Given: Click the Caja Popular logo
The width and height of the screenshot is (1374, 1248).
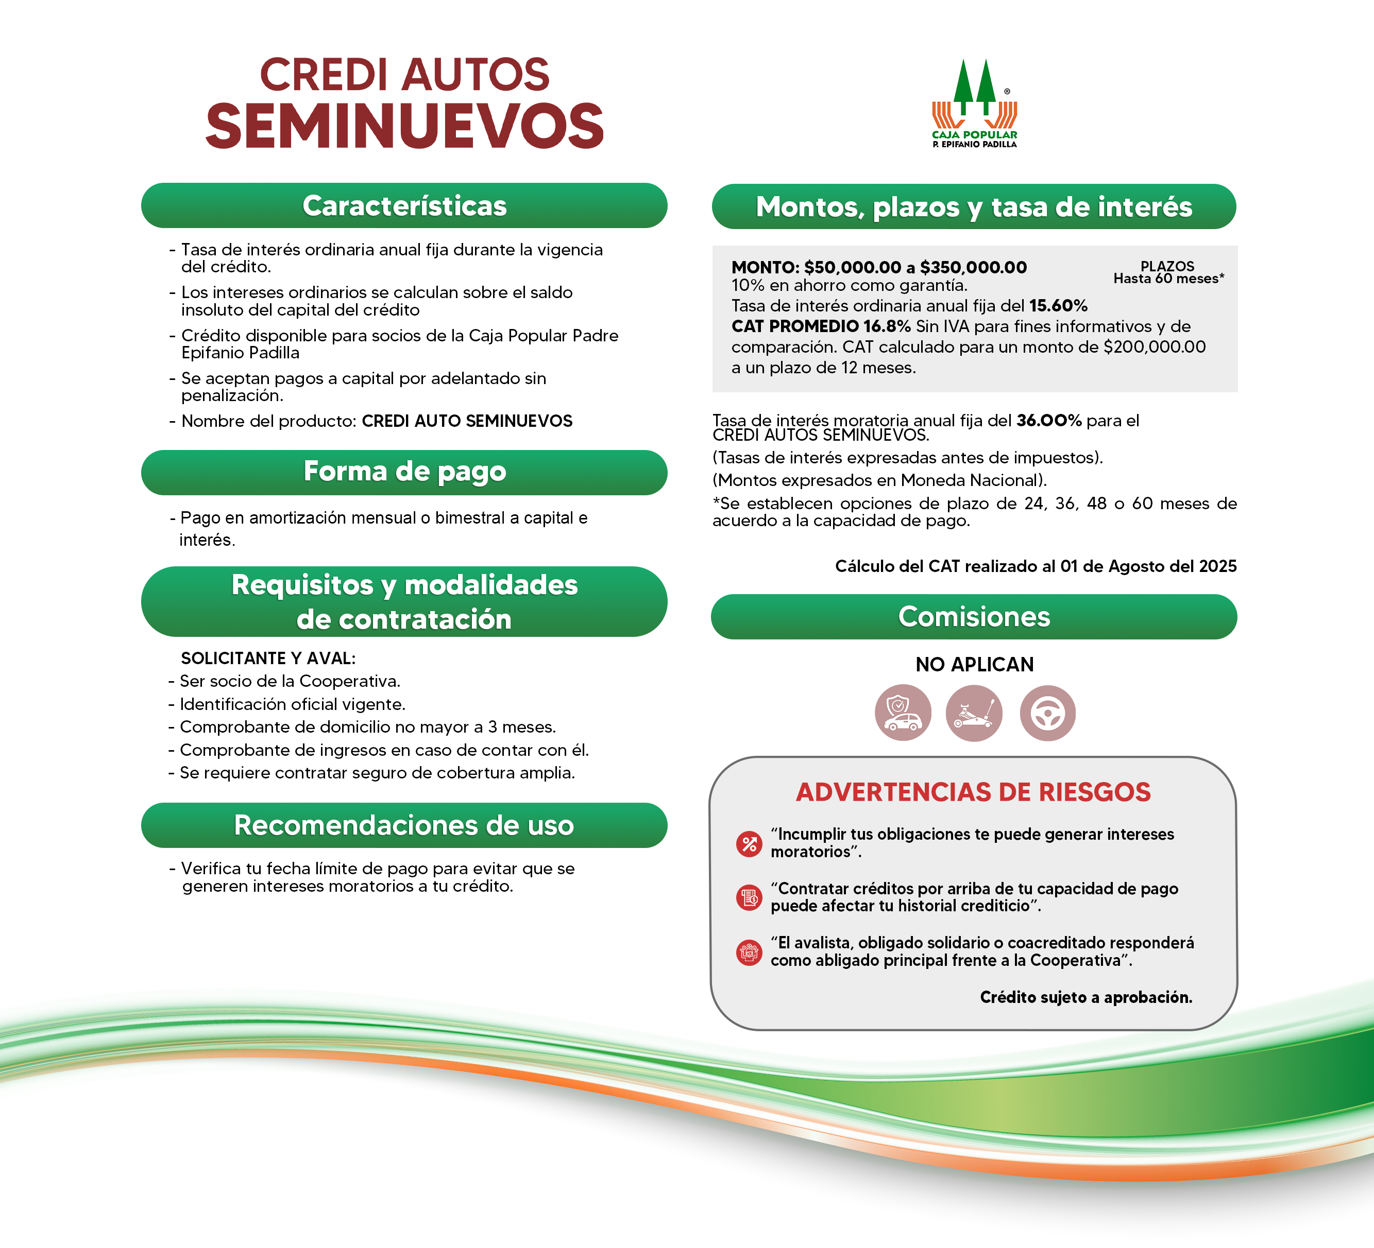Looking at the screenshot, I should coord(975,103).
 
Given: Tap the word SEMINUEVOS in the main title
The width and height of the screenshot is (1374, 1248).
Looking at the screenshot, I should coord(404,127).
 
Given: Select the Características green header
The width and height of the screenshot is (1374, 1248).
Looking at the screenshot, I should coord(404,206).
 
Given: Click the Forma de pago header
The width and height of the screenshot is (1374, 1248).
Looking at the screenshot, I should coord(404,472).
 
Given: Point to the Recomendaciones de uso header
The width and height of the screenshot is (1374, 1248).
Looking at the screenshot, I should coord(404,825).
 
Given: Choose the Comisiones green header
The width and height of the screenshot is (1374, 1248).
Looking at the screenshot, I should coord(974,616).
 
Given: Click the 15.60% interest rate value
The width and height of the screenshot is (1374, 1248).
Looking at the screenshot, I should coord(1058,306).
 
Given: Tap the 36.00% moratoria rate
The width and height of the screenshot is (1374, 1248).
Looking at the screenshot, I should coord(1049,420).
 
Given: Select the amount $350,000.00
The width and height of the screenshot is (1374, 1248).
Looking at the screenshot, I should coord(973,267).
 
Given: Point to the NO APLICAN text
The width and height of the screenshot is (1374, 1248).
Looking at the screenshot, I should coord(974,664).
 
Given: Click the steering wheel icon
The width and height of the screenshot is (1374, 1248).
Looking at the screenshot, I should coord(1047,713).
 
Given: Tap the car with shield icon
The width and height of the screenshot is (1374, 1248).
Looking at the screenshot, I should coord(903,713).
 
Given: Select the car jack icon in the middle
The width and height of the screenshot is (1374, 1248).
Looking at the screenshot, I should coord(974,713).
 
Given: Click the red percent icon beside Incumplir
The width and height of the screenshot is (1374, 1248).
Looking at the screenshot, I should coord(749,844).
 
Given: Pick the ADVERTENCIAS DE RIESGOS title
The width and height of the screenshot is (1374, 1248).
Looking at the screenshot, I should coord(973,792).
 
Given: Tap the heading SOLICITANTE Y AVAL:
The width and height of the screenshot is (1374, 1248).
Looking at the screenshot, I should coord(268,658).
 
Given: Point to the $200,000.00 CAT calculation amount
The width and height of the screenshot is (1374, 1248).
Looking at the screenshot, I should coord(1155,346).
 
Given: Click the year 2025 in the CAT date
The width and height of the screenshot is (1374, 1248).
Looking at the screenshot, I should coord(1217,566).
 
